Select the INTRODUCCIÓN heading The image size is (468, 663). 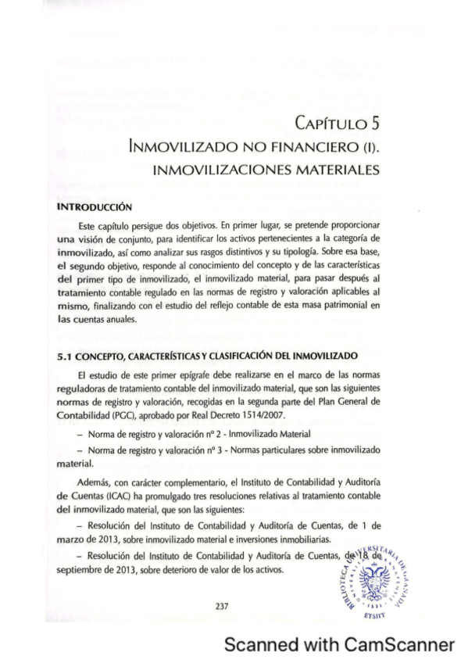(96, 207)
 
